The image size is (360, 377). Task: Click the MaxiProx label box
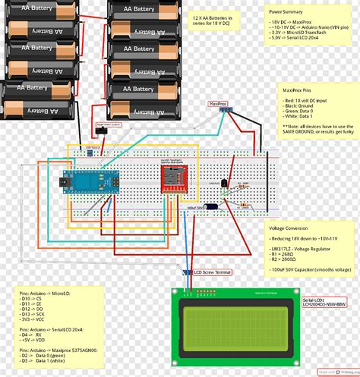(x=218, y=103)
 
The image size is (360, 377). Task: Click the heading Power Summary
(x=286, y=12)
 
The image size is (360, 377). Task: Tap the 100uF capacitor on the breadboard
(x=213, y=206)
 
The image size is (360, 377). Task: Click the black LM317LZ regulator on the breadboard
(x=223, y=184)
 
